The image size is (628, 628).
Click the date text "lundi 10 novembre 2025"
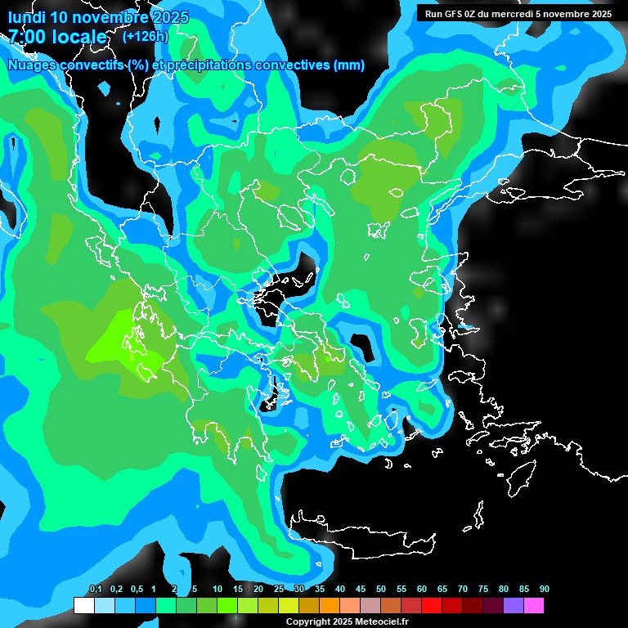[x=98, y=17]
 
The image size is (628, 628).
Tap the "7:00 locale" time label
[x=57, y=37]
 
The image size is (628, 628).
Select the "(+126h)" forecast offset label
[x=145, y=37]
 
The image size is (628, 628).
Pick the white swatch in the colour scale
[x=83, y=606]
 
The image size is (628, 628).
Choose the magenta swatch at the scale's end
[x=534, y=606]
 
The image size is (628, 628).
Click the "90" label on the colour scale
[x=545, y=590]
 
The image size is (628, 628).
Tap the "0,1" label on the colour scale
[x=95, y=590]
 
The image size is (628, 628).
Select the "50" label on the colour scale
[x=381, y=590]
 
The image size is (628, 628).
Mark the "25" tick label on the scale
[x=279, y=590]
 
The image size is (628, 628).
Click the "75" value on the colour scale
[x=483, y=590]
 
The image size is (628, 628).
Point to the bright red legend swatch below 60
[x=432, y=606]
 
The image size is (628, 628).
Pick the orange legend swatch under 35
[x=330, y=606]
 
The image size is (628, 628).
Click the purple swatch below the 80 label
[x=514, y=606]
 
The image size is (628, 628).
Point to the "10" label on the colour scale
[x=218, y=590]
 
